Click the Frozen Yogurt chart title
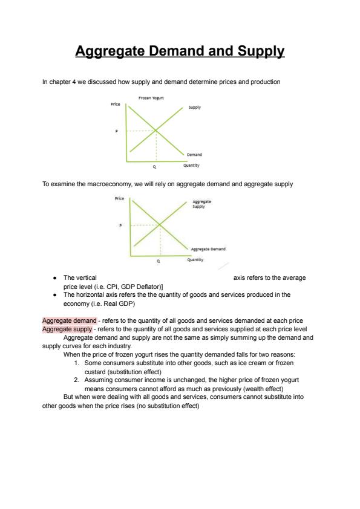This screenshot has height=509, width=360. point(151,98)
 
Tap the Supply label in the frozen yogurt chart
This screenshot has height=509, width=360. point(195,108)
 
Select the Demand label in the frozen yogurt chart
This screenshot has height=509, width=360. point(194,155)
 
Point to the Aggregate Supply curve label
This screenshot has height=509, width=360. point(201,204)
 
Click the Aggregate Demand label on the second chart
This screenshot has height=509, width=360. point(208,249)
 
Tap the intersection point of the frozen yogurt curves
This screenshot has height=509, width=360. point(156,131)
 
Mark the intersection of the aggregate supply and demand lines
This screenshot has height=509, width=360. point(160,225)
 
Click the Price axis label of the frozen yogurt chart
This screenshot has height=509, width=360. point(116,104)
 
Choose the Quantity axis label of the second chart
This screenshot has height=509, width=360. point(195,260)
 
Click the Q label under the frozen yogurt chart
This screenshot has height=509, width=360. point(154,167)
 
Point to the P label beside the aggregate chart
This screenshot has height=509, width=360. point(120,225)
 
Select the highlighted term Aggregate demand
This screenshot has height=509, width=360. point(70,321)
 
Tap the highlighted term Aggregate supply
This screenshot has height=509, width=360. point(67,329)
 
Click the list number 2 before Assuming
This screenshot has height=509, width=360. point(76,380)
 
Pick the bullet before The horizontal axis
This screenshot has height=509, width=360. point(55,295)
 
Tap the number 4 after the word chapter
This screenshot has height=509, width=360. point(74,82)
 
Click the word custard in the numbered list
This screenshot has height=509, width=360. point(95,372)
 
